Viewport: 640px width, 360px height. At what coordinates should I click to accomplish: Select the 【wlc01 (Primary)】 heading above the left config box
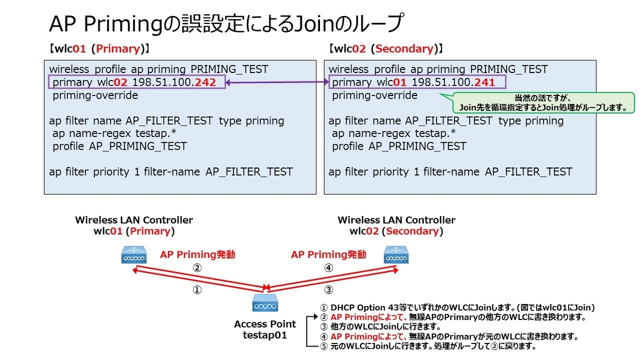coord(99,49)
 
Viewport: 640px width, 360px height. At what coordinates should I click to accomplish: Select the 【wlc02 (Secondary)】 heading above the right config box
coord(387,49)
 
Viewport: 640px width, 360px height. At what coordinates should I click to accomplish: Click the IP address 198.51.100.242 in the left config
coord(176,83)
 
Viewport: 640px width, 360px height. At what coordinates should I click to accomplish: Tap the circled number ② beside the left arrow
coord(197,268)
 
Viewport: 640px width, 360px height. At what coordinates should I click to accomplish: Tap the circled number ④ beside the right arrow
coord(329,268)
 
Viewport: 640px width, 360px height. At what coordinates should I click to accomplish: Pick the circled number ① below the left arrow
coord(197,291)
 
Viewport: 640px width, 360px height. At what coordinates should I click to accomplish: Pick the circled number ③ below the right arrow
coord(329,290)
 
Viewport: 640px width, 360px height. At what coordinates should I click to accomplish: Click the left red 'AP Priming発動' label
coord(197,254)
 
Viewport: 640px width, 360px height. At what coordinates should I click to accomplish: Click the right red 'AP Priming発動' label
coord(329,254)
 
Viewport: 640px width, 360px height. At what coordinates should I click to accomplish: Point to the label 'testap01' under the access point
coord(265,335)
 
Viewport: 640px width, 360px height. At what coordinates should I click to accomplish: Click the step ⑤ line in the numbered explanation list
coord(427,346)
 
